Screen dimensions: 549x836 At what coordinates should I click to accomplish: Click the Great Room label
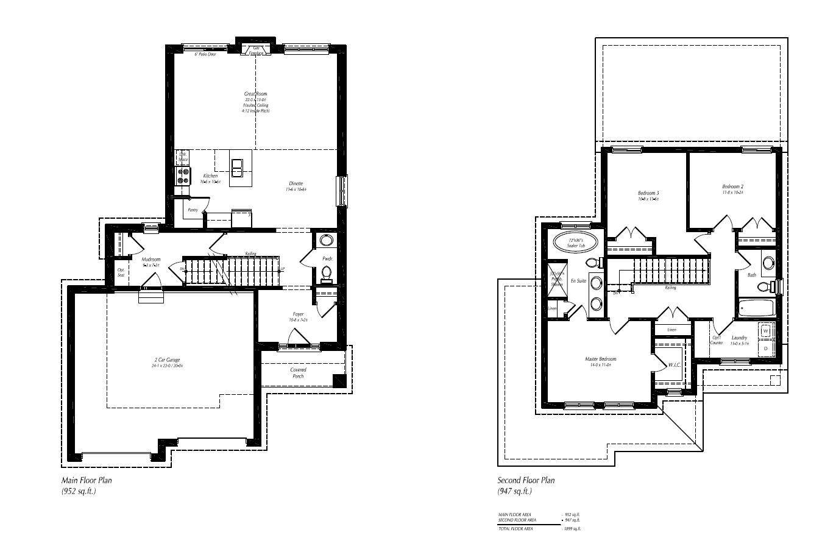[x=257, y=94]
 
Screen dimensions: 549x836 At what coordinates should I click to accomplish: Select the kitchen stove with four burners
[x=183, y=176]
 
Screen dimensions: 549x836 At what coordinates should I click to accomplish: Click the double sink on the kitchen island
[x=237, y=167]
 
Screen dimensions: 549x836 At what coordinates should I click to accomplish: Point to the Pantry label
[x=193, y=210]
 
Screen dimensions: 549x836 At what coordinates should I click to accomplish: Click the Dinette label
[x=296, y=183]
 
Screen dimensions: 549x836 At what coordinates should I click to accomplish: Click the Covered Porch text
[x=298, y=373]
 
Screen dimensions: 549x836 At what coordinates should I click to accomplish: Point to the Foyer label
[x=298, y=314]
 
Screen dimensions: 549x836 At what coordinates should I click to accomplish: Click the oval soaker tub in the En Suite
[x=576, y=243]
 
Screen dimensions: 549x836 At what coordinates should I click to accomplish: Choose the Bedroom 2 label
[x=732, y=186]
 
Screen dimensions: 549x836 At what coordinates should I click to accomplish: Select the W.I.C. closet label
[x=673, y=365]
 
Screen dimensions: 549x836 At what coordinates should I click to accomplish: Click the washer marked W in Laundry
[x=766, y=331]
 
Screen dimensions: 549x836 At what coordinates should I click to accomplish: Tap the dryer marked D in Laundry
[x=766, y=348]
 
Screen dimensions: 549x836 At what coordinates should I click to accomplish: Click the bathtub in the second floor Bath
[x=756, y=309]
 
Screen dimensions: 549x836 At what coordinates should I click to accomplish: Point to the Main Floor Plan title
[x=87, y=480]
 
